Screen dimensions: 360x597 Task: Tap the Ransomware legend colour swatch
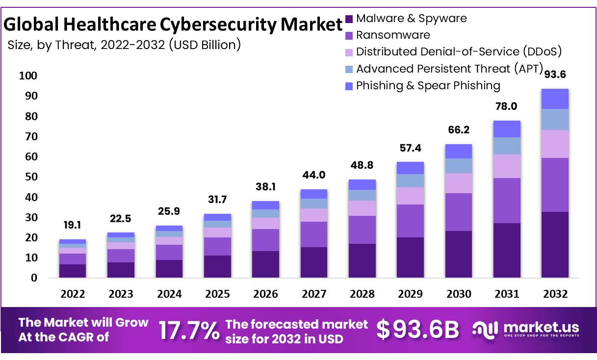click(349, 35)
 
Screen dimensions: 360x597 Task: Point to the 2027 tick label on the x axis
click(314, 294)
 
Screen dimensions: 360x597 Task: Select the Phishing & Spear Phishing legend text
click(428, 86)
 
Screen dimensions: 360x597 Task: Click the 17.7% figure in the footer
click(189, 331)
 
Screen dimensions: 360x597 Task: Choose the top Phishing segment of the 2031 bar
click(507, 129)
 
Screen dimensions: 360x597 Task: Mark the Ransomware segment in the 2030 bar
click(459, 212)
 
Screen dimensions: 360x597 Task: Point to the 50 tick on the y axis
click(31, 177)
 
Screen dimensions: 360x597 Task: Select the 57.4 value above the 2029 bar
click(410, 148)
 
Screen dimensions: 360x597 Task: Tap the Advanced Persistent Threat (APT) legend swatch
click(349, 69)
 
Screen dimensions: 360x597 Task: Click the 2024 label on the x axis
click(169, 294)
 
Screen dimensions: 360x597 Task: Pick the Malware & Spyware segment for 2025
click(217, 266)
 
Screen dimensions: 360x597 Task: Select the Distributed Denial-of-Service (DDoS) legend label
click(459, 52)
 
